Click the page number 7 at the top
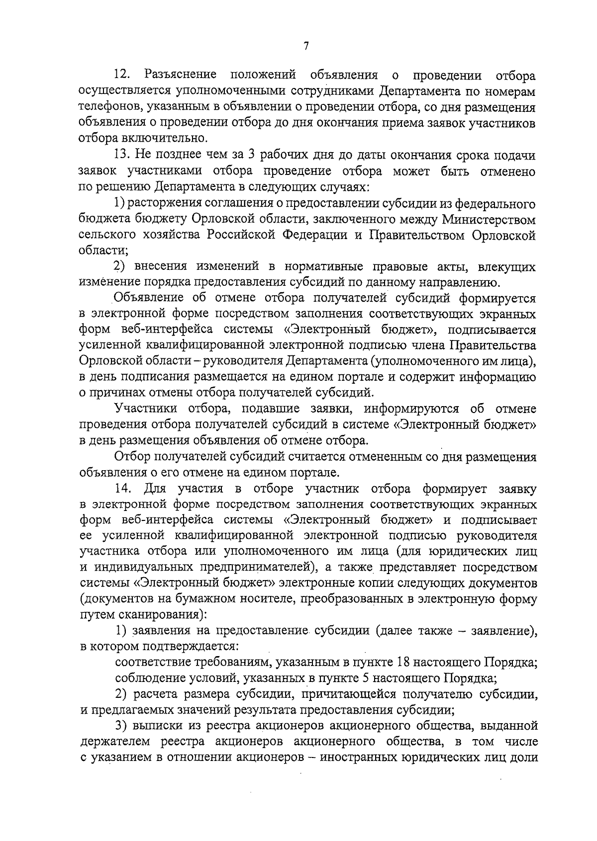(x=306, y=46)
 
